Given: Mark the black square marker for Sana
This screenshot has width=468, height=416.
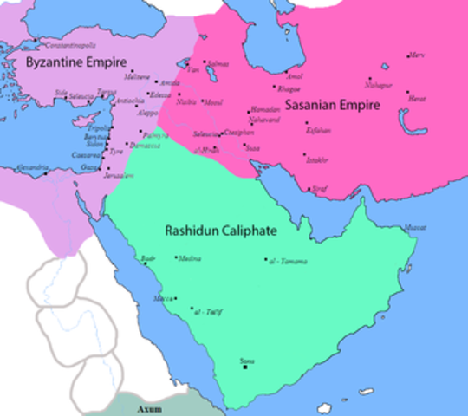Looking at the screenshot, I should (245, 367).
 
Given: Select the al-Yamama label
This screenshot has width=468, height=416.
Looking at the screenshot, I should (289, 260).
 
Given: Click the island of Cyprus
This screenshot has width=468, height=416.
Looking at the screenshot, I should (83, 120).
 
